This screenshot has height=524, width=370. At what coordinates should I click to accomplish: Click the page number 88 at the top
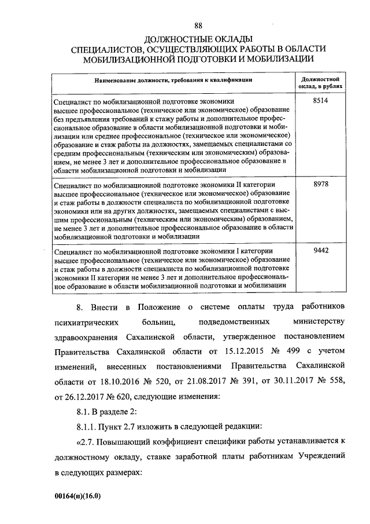[x=198, y=25]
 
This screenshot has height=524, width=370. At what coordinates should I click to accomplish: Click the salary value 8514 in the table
[x=320, y=101]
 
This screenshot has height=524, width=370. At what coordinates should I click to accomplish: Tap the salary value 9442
[x=320, y=251]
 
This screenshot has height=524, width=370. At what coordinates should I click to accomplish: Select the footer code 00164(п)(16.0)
[x=80, y=497]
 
